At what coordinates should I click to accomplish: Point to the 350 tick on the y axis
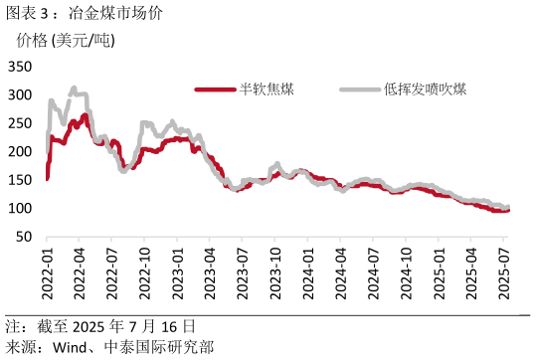tap(20, 67)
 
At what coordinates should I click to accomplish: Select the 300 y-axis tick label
tap(20, 95)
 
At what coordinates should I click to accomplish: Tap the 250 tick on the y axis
tap(20, 123)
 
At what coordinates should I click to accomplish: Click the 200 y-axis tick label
tap(20, 152)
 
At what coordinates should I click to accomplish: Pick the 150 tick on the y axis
tap(20, 180)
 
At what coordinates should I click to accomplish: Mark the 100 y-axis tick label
tap(20, 209)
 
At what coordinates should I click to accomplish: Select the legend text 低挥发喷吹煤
tap(425, 90)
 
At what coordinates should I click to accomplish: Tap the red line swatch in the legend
tap(215, 90)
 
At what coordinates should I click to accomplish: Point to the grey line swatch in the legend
tap(358, 90)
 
